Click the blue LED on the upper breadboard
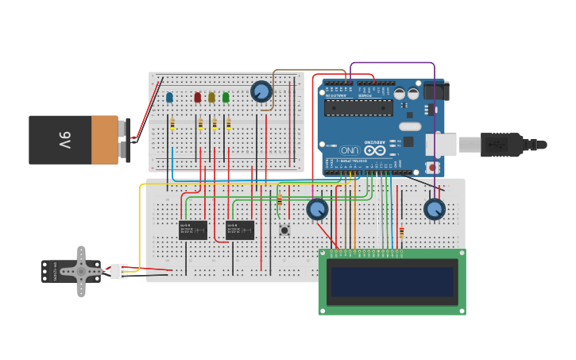169,98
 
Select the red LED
198,98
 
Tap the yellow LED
211,98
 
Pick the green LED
226,98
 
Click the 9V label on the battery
64,141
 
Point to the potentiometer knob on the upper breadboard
261,91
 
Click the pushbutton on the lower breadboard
284,230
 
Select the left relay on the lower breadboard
193,230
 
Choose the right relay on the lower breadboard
240,230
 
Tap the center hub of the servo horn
80,271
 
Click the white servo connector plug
118,271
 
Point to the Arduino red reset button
432,167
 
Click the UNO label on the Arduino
350,149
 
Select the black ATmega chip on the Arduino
358,108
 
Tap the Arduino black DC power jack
435,90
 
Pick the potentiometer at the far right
434,210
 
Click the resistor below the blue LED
172,123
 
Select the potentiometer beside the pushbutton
317,209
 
